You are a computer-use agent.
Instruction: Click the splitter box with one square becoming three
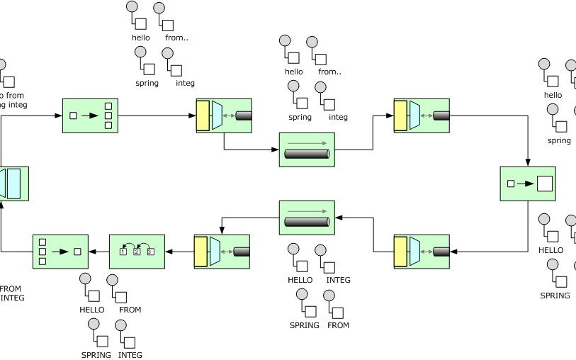pyautogui.click(x=90, y=115)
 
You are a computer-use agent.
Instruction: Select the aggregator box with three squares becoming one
pyautogui.click(x=60, y=252)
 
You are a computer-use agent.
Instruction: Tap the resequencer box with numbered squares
pyautogui.click(x=137, y=252)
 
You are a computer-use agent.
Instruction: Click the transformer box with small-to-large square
pyautogui.click(x=528, y=184)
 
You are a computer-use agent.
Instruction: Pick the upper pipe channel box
pyautogui.click(x=307, y=150)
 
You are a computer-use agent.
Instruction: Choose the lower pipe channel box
pyautogui.click(x=307, y=218)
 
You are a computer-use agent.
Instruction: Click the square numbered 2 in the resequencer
pyautogui.click(x=137, y=252)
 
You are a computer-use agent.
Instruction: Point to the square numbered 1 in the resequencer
pyautogui.click(x=124, y=252)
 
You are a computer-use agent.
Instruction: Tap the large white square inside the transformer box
pyautogui.click(x=544, y=184)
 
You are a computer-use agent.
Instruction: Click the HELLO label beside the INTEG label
pyautogui.click(x=300, y=280)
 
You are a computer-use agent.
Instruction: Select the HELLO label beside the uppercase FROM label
pyautogui.click(x=92, y=310)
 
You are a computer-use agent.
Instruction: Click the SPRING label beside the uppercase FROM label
pyautogui.click(x=305, y=325)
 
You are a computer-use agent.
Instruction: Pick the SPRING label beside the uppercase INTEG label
pyautogui.click(x=96, y=355)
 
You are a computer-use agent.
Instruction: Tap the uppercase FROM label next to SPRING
pyautogui.click(x=338, y=325)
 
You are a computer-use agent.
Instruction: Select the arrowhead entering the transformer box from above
pyautogui.click(x=528, y=162)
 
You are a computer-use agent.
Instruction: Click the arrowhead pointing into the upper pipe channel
pyautogui.click(x=276, y=150)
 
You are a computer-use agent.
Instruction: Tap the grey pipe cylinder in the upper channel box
pyautogui.click(x=307, y=154)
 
